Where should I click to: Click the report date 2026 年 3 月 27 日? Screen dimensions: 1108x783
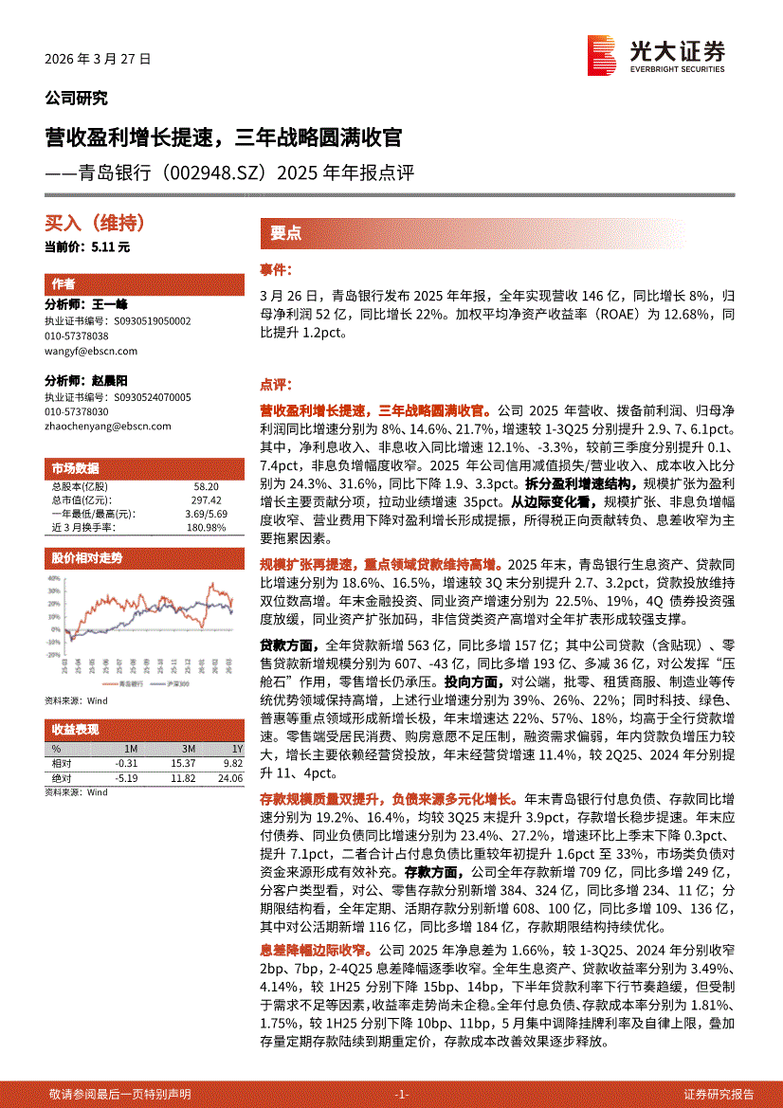pos(98,59)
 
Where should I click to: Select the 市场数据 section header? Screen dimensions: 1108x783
pos(73,468)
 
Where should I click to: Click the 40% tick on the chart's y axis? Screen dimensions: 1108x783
pos(54,577)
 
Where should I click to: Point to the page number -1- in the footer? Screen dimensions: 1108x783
pos(402,1094)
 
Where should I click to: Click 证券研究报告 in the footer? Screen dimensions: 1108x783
pos(719,1094)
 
